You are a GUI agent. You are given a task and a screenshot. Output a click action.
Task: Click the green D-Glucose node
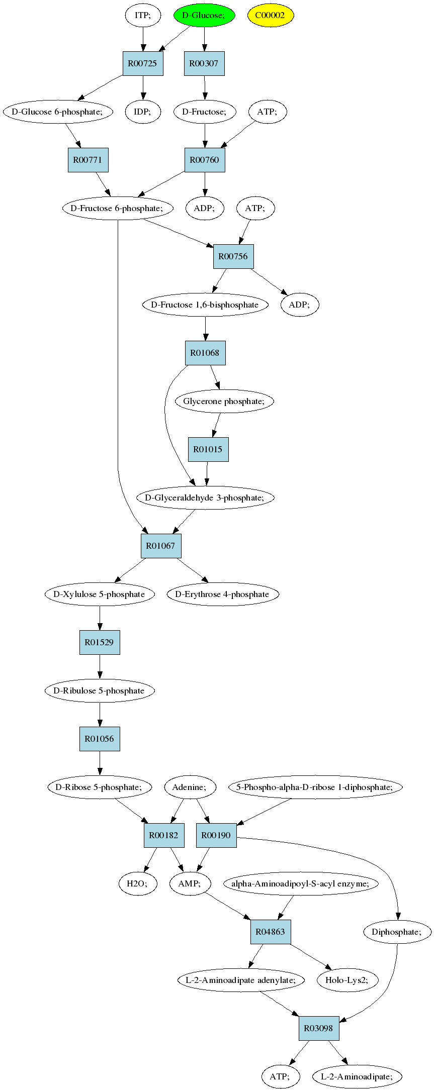(x=204, y=15)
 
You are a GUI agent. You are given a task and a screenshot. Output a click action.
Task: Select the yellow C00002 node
(x=271, y=15)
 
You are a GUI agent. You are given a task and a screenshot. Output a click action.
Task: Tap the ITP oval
(x=143, y=15)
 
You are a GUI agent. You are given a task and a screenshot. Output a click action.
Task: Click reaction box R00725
(x=143, y=63)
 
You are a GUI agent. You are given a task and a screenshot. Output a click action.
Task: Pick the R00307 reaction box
(x=204, y=63)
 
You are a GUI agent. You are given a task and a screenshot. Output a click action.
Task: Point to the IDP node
(x=143, y=112)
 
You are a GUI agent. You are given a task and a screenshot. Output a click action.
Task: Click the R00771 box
(x=88, y=160)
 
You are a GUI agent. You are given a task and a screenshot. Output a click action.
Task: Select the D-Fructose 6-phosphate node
(x=118, y=208)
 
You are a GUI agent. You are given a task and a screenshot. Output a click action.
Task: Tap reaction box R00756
(x=233, y=256)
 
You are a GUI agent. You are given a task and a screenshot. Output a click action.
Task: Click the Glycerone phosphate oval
(x=224, y=401)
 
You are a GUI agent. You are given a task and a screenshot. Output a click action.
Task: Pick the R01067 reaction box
(x=161, y=546)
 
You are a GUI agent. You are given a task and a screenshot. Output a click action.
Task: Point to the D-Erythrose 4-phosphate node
(x=222, y=594)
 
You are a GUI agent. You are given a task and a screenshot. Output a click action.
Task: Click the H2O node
(x=138, y=883)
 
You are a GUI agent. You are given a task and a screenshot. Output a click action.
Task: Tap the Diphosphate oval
(x=397, y=932)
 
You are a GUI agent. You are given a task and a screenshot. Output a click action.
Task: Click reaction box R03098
(x=319, y=1028)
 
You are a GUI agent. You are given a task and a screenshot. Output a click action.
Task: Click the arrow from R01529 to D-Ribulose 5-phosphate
(x=100, y=666)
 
